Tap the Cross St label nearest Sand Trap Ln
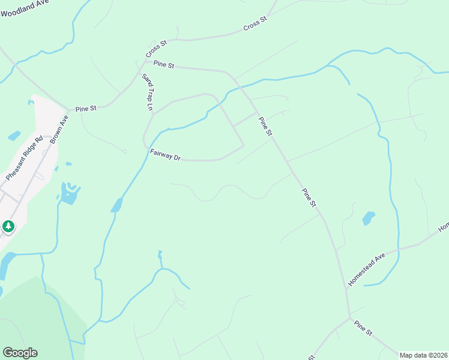(155, 48)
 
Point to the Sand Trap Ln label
(148, 92)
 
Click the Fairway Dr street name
(165, 155)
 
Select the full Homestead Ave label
(366, 269)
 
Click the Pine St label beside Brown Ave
(86, 109)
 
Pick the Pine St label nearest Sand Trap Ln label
(163, 64)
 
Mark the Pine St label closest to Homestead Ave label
(309, 197)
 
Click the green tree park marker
(8, 226)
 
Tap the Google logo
(20, 353)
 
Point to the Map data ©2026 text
(423, 355)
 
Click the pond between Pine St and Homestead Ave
(369, 218)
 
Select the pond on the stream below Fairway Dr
(116, 205)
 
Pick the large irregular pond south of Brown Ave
(70, 193)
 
